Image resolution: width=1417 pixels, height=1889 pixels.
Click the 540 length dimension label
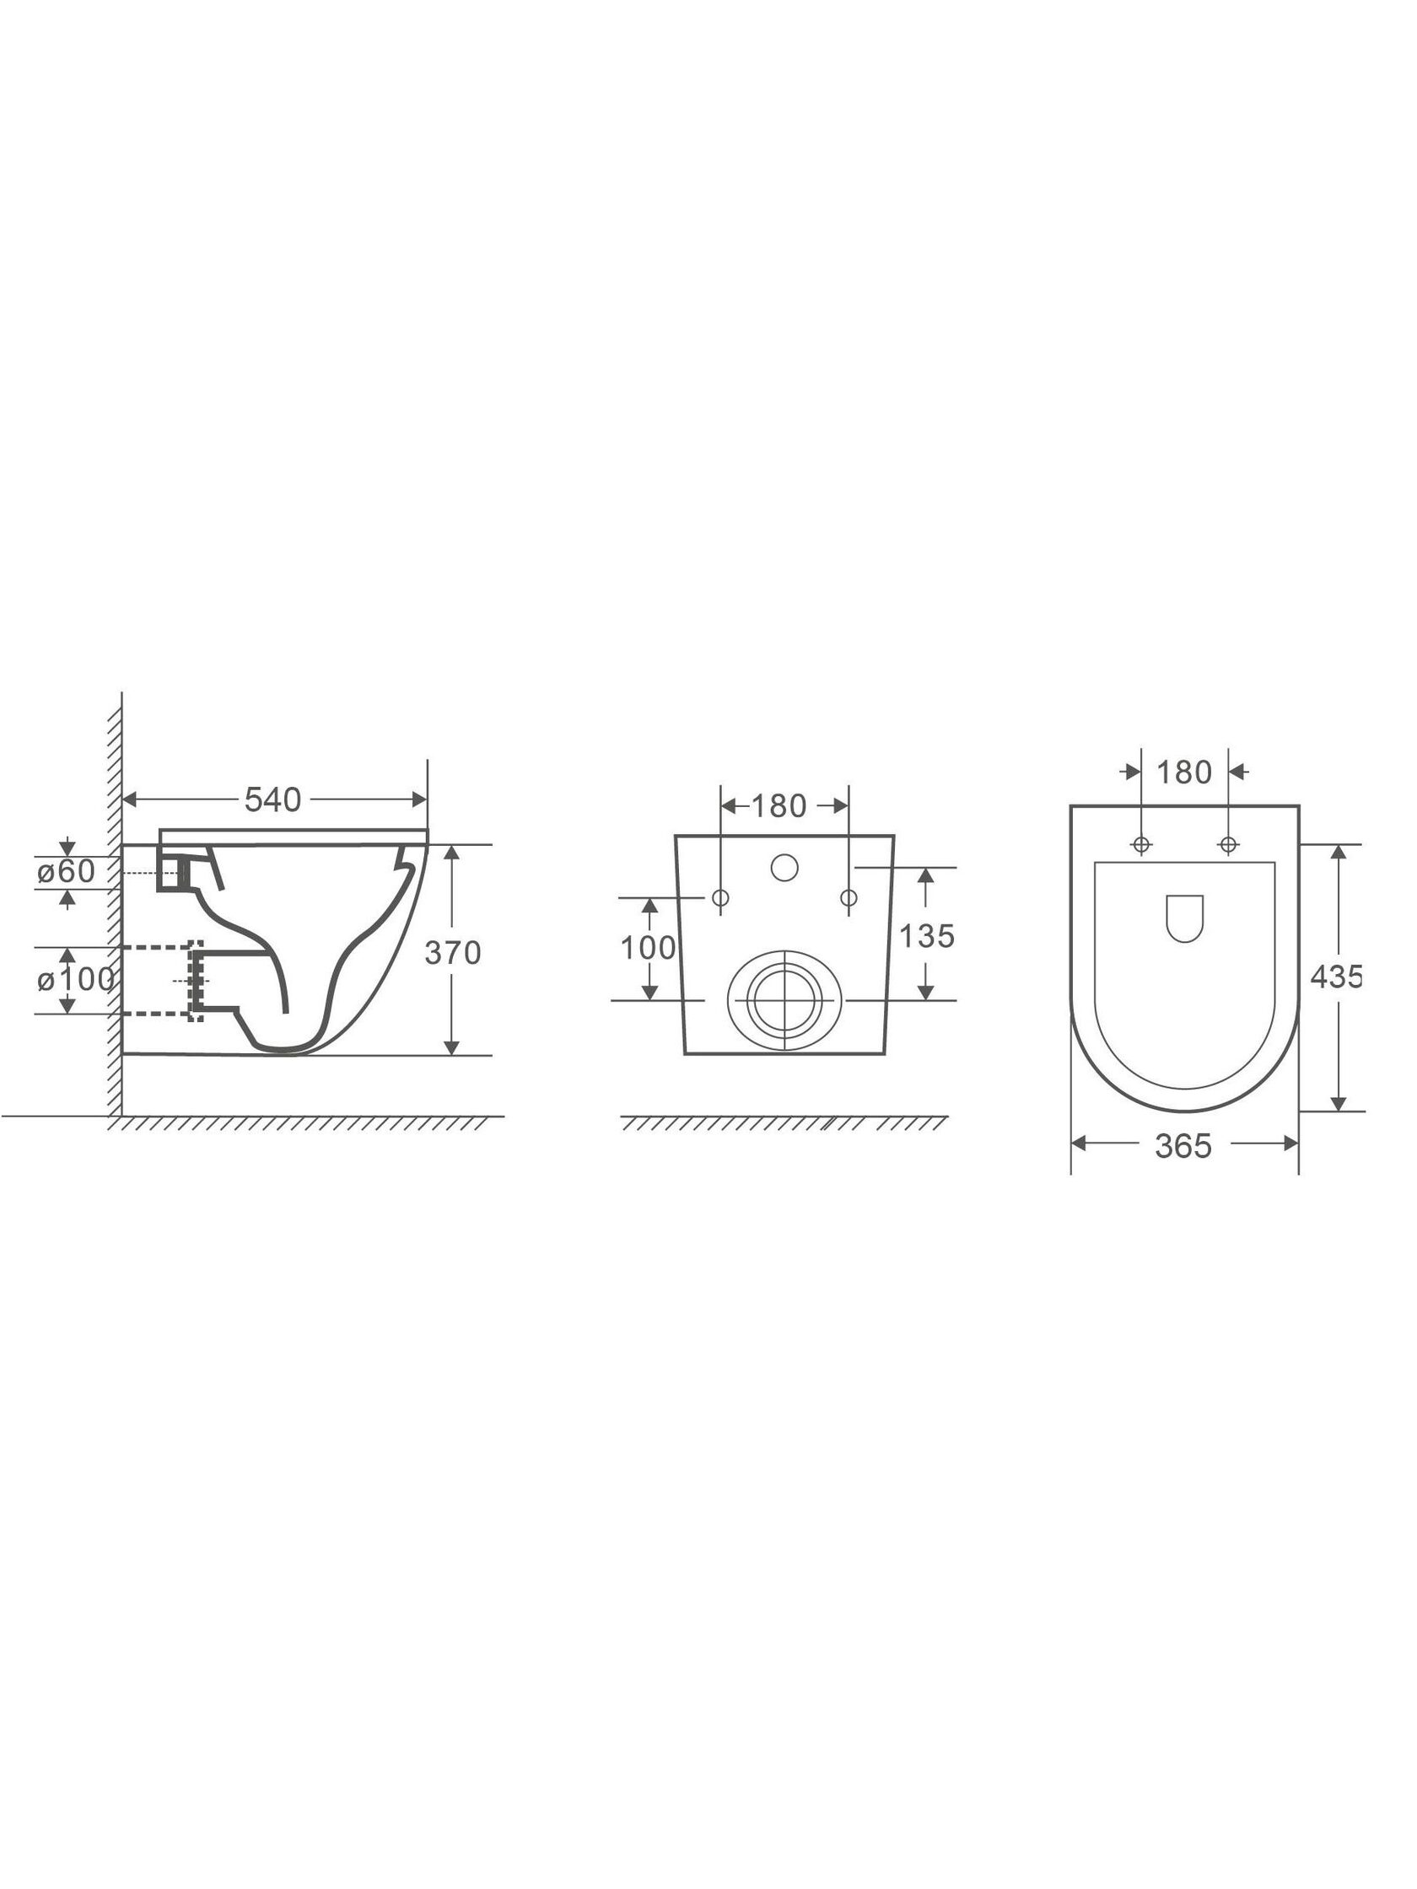(x=272, y=799)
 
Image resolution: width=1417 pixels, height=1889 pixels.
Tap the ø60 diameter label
(x=66, y=871)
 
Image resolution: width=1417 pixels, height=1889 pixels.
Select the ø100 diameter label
(x=75, y=979)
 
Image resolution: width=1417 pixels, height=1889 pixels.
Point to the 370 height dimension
(x=453, y=952)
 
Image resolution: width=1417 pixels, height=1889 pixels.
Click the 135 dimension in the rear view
(x=927, y=936)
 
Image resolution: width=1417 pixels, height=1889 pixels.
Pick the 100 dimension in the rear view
(x=648, y=948)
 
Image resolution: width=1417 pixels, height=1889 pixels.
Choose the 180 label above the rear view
(x=779, y=806)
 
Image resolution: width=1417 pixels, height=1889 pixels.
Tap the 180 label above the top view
(x=1184, y=772)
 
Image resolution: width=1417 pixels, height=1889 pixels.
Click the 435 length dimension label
(x=1335, y=976)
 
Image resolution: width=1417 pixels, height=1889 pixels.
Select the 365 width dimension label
(x=1183, y=1146)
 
